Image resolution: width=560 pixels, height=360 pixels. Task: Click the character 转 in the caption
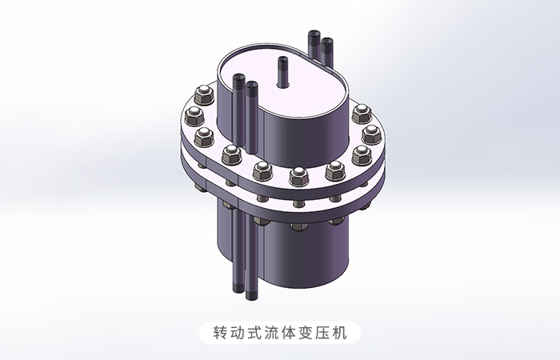point(222,331)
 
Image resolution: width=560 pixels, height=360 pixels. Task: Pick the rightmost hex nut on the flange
point(369,134)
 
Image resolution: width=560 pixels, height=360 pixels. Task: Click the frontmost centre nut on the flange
point(299,175)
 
